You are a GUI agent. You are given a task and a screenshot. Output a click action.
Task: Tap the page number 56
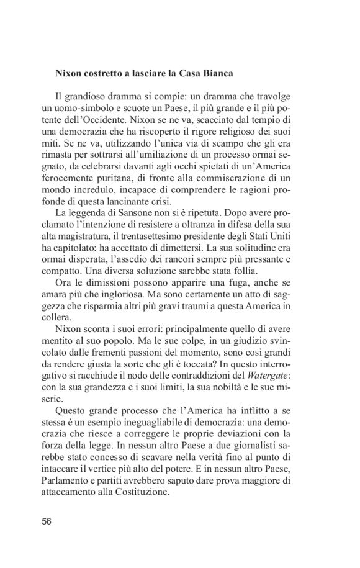coord(47,521)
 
